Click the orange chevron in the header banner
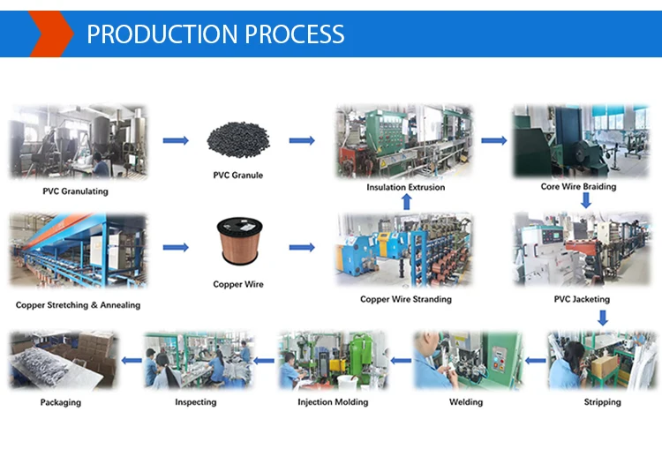tap(51, 34)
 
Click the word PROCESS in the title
tap(294, 34)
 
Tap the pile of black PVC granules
tap(238, 139)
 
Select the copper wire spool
tap(239, 241)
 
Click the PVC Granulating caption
tap(75, 191)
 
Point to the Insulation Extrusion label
tap(406, 187)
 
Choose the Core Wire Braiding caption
tap(578, 186)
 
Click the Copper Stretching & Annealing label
tap(78, 304)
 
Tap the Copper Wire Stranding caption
tap(406, 299)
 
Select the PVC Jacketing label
tap(582, 299)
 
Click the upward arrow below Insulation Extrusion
tap(407, 202)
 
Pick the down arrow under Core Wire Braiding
tap(585, 200)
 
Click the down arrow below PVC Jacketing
tap(603, 318)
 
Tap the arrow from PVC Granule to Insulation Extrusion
tap(302, 140)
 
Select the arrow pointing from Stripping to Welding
tap(535, 361)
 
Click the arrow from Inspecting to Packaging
tap(132, 361)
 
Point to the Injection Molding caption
tap(333, 401)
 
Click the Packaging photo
tap(64, 360)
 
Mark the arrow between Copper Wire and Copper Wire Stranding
tap(302, 247)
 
